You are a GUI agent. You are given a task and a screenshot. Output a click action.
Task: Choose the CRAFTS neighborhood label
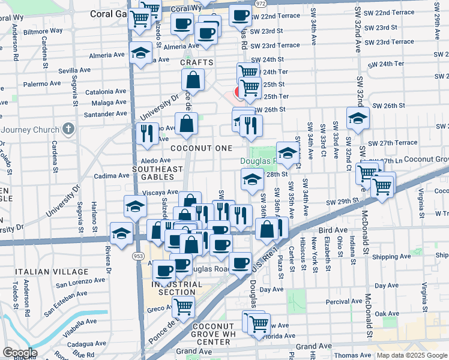pyautogui.click(x=197, y=62)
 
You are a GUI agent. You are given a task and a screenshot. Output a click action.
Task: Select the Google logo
pyautogui.click(x=19, y=353)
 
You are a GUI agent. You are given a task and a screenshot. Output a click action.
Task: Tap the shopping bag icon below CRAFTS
pyautogui.click(x=193, y=80)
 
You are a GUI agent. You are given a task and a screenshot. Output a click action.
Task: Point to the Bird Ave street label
pyautogui.click(x=333, y=230)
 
